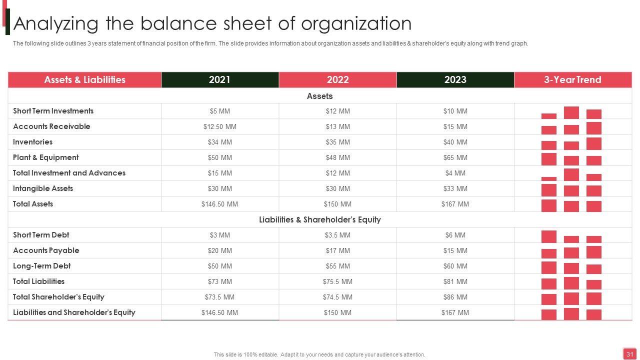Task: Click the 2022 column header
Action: click(x=337, y=80)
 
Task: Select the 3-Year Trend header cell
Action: click(x=572, y=80)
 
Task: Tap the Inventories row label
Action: click(x=32, y=142)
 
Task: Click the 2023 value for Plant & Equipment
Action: click(x=455, y=157)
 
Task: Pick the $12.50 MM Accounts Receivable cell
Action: click(x=219, y=126)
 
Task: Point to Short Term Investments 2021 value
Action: click(x=219, y=111)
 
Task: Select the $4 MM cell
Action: click(x=455, y=173)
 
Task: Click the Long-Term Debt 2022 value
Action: click(x=337, y=266)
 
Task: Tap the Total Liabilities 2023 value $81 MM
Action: click(x=455, y=281)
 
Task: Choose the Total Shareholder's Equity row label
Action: click(x=58, y=297)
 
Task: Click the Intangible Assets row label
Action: click(x=43, y=188)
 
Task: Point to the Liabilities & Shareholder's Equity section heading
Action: click(x=320, y=219)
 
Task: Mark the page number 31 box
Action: click(x=629, y=354)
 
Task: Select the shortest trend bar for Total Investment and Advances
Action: click(x=548, y=178)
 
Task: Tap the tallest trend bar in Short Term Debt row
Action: click(x=548, y=236)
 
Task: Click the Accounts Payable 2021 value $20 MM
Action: click(x=219, y=250)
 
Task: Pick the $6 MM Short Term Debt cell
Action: click(x=455, y=235)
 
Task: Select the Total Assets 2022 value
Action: click(x=337, y=204)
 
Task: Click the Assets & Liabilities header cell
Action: click(x=84, y=80)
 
